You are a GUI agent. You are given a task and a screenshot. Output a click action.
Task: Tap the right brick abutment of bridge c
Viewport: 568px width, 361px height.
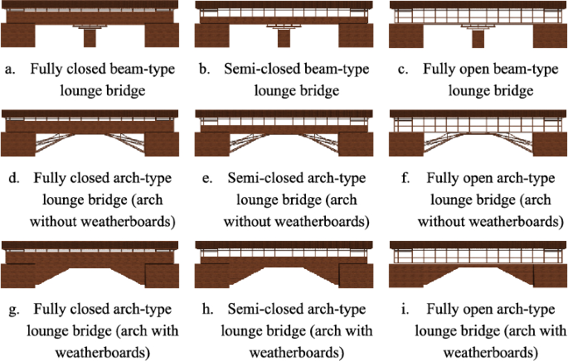tap(548, 36)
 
